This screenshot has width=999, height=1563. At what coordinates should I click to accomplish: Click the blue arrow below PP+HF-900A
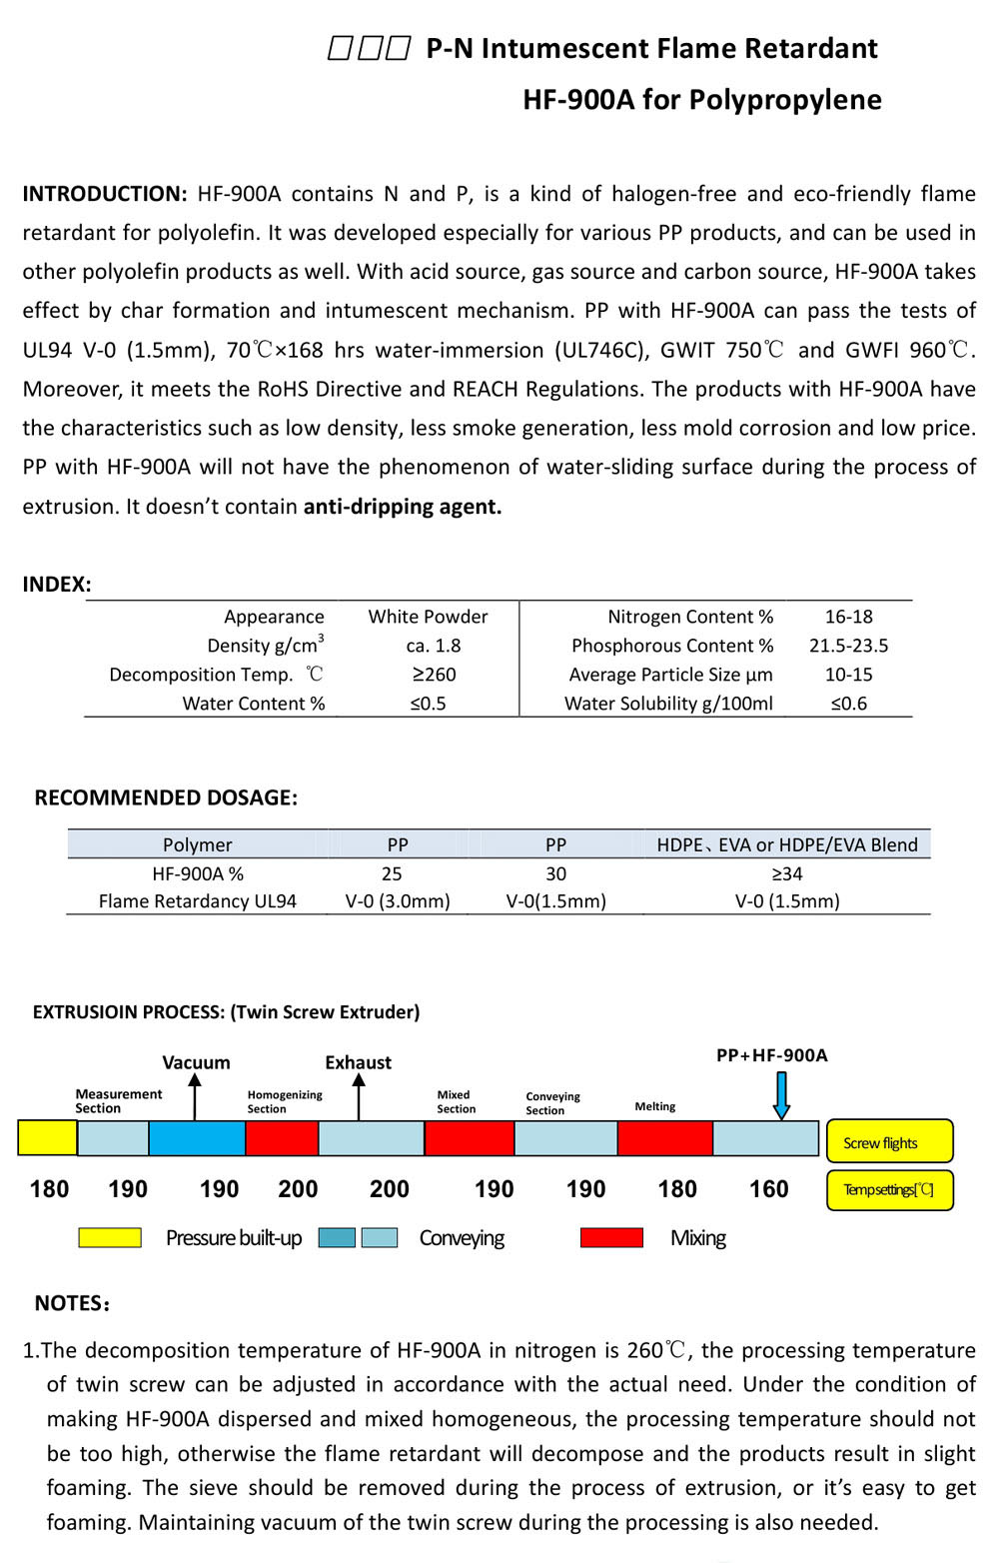[x=781, y=1095]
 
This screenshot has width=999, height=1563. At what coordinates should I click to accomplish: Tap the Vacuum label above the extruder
[x=196, y=1062]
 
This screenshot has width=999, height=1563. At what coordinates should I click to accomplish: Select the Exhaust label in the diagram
[x=358, y=1062]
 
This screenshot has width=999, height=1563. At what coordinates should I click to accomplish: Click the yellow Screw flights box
[x=889, y=1141]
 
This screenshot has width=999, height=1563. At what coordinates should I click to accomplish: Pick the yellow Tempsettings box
[x=889, y=1190]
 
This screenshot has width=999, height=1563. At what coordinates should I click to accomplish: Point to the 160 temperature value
[x=768, y=1189]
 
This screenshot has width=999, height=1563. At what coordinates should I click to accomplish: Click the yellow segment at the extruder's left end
[x=47, y=1138]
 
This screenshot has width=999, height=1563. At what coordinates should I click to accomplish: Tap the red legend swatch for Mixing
[x=611, y=1238]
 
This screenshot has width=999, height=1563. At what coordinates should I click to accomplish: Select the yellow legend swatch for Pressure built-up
[x=110, y=1238]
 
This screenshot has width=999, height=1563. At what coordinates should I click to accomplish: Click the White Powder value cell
[x=428, y=617]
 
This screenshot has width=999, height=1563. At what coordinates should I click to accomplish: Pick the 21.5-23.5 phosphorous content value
[x=848, y=646]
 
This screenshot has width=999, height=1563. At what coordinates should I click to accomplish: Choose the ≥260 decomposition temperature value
[x=434, y=675]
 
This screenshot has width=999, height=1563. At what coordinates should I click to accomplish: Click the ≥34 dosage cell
[x=787, y=873]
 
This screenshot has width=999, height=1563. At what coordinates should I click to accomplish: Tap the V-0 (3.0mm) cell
[x=398, y=901]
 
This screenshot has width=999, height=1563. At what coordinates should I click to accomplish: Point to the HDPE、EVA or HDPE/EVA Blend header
[x=787, y=844]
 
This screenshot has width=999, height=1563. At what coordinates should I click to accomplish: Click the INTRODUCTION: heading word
[x=105, y=194]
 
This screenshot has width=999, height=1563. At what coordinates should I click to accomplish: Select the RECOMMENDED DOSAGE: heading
[x=166, y=797]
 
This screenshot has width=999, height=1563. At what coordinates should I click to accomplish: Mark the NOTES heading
[x=72, y=1303]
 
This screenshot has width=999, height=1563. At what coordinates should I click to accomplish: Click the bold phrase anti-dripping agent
[x=403, y=507]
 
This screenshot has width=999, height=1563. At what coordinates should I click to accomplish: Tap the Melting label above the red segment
[x=655, y=1106]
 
